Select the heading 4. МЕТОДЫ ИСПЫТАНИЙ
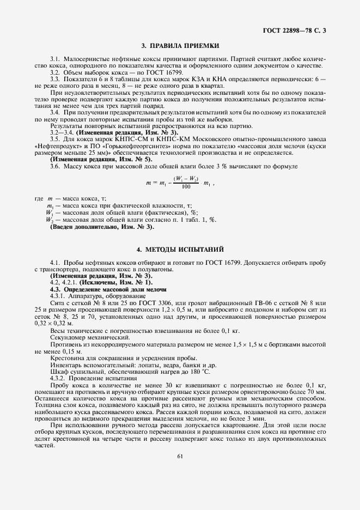pyautogui.click(x=180, y=250)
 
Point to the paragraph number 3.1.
pyautogui.click(x=55, y=58)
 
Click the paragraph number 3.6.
pyautogui.click(x=55, y=166)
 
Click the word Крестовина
pyautogui.click(x=66, y=358)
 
